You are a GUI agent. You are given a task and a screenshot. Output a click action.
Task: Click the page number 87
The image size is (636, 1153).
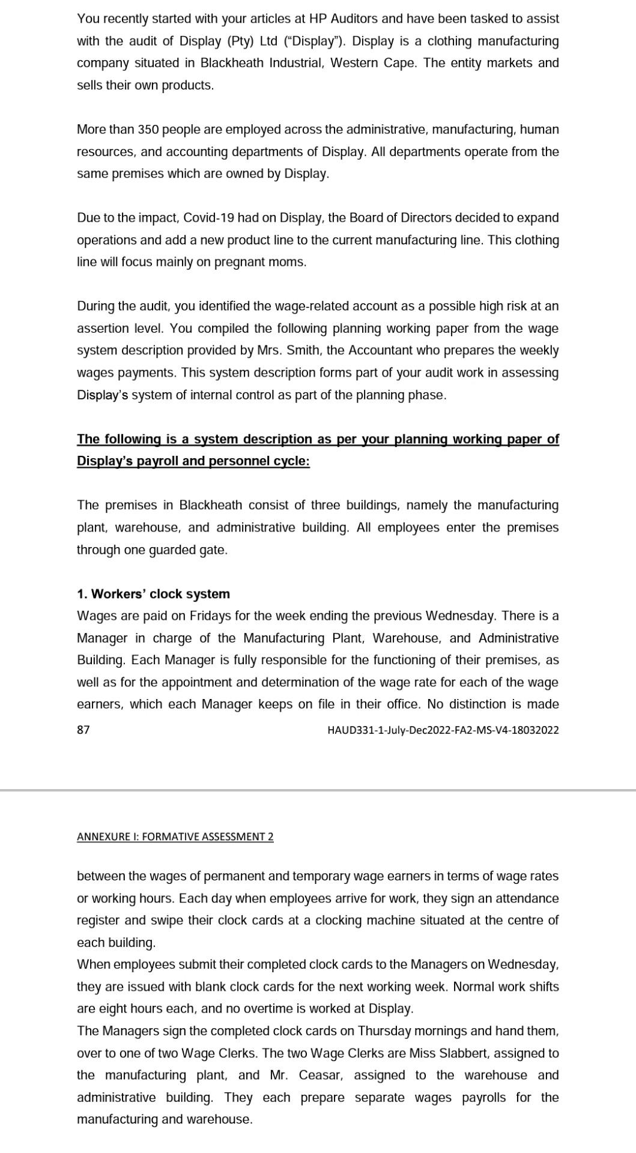click(83, 730)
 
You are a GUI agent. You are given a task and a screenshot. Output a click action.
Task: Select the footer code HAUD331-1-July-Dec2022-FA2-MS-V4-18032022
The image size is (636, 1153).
click(443, 730)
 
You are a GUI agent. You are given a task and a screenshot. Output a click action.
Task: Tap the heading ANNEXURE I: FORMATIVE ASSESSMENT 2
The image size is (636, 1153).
click(175, 837)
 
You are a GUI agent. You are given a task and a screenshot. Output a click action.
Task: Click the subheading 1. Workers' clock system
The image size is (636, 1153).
click(153, 594)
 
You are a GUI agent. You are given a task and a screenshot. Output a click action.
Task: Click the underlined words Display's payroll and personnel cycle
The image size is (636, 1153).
click(193, 461)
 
